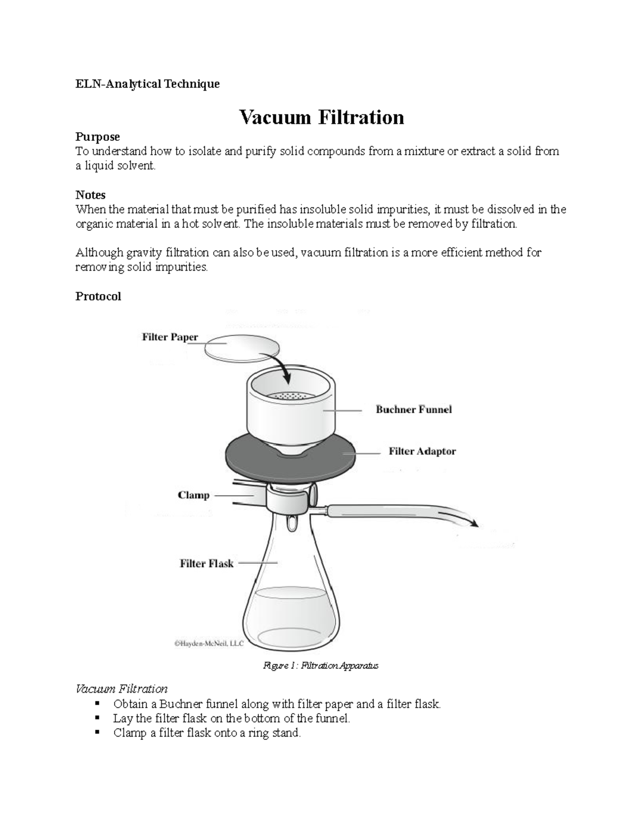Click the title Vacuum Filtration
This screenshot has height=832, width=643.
point(322,117)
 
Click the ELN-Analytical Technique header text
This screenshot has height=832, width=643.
point(147,84)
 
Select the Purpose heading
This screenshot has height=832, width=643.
point(98,137)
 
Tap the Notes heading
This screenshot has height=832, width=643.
point(90,194)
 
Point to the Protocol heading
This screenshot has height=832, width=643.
point(98,296)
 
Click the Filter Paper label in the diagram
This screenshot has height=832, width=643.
point(170,337)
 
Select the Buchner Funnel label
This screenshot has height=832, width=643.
point(414,409)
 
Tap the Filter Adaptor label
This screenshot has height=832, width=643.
point(422,451)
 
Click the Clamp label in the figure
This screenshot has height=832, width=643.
point(193,495)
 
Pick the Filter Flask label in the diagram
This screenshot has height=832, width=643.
point(206,563)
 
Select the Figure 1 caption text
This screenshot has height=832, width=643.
point(320,665)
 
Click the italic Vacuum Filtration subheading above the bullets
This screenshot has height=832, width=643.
point(122,688)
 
